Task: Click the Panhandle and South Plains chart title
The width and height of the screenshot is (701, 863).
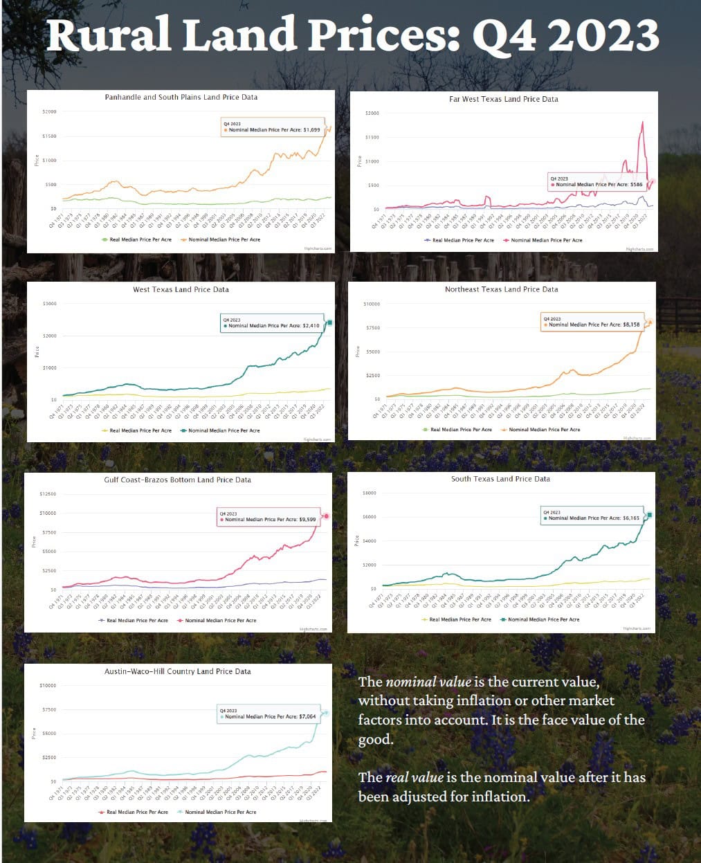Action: coord(181,98)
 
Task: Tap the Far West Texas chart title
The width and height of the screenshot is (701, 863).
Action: coord(503,99)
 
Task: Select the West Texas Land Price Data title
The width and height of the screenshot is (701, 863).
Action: coord(181,289)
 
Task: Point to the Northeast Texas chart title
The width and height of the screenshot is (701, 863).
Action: coord(501,289)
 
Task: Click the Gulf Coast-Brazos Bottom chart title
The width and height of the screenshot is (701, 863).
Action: coord(177,480)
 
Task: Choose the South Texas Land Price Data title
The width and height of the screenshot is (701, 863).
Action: coord(500,479)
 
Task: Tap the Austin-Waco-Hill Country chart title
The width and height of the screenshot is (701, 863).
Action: coord(177,671)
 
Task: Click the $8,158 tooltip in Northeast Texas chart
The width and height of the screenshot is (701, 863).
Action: coord(592,322)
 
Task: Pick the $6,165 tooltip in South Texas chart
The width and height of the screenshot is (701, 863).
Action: coord(592,516)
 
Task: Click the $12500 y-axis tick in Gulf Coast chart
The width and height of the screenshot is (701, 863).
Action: coord(48,494)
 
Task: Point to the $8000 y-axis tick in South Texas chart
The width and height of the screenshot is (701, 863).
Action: coord(370,493)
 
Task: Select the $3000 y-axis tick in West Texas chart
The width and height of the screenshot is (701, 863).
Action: coord(49,304)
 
